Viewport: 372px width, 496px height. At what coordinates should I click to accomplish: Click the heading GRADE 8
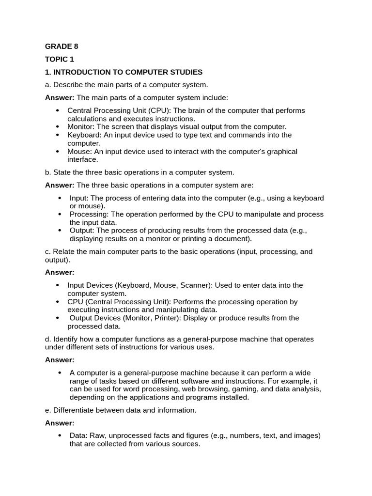coord(62,46)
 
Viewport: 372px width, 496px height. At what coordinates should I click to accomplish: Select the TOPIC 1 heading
coord(60,60)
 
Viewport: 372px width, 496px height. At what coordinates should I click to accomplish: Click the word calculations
coord(88,119)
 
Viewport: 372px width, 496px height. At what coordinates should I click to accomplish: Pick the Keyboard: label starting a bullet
coord(83,135)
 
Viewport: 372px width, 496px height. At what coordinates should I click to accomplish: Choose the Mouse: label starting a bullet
coord(78,152)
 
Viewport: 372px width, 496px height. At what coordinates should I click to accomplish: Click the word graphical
coord(281,152)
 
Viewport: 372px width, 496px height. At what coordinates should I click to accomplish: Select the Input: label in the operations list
coord(79,198)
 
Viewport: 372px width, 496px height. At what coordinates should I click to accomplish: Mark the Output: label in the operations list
coord(82,231)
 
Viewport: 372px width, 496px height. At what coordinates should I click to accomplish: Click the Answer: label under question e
coord(60,423)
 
